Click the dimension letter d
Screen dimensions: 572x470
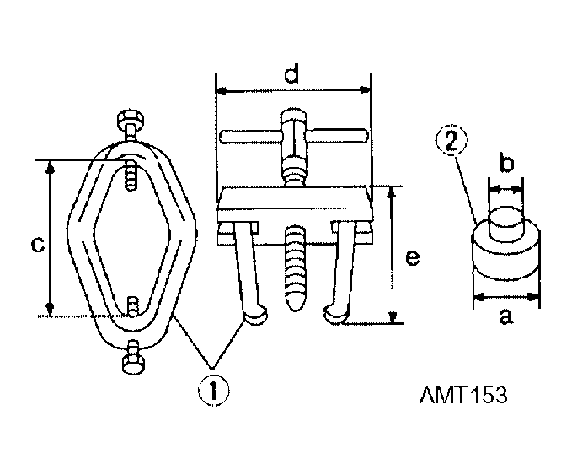291,73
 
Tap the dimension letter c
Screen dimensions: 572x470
38,245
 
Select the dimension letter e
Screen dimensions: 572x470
413,258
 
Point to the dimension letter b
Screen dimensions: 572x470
506,163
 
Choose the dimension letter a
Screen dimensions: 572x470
506,316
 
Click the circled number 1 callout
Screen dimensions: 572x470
214,391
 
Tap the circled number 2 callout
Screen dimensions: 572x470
452,143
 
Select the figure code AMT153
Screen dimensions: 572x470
463,395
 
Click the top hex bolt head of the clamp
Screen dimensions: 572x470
131,119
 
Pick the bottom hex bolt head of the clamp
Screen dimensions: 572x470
133,364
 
